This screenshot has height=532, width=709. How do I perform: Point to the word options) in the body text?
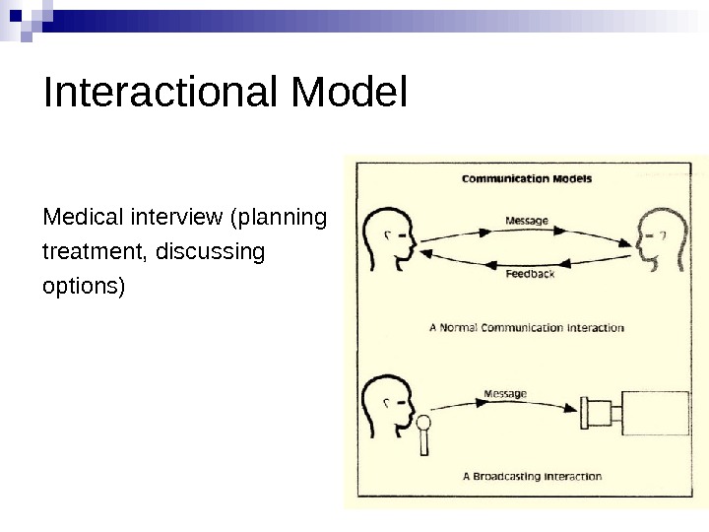84,289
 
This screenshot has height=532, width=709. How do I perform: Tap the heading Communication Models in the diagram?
527,179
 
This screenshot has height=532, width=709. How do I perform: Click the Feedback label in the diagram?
529,274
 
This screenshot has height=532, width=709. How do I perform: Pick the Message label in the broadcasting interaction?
505,394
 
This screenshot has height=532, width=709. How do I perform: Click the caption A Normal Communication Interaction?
527,327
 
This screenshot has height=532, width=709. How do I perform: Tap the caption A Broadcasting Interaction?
533,476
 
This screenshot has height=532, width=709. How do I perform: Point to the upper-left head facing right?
389,238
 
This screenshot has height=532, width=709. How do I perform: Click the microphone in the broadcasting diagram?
424,433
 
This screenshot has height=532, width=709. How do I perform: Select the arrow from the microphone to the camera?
502,404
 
